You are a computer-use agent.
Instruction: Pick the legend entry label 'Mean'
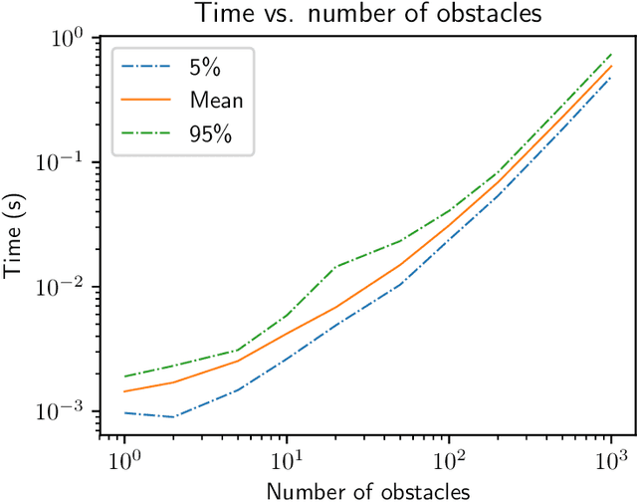(215, 101)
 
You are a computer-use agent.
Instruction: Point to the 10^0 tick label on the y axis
(70, 37)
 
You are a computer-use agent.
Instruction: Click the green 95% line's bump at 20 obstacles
(335, 267)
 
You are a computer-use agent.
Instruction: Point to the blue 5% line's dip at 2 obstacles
(173, 416)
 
